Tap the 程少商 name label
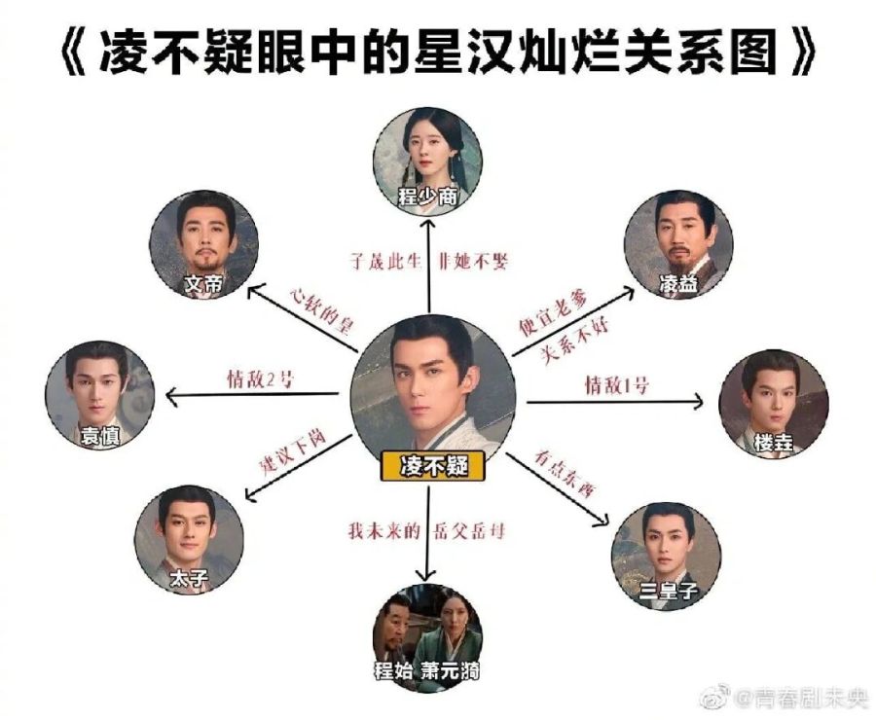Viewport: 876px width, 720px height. (x=429, y=198)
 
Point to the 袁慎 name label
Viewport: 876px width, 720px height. (x=98, y=437)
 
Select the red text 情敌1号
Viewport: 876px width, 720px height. (x=616, y=384)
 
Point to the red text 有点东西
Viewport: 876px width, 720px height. (x=564, y=474)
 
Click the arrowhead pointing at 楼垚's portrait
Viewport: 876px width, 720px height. (x=700, y=400)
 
